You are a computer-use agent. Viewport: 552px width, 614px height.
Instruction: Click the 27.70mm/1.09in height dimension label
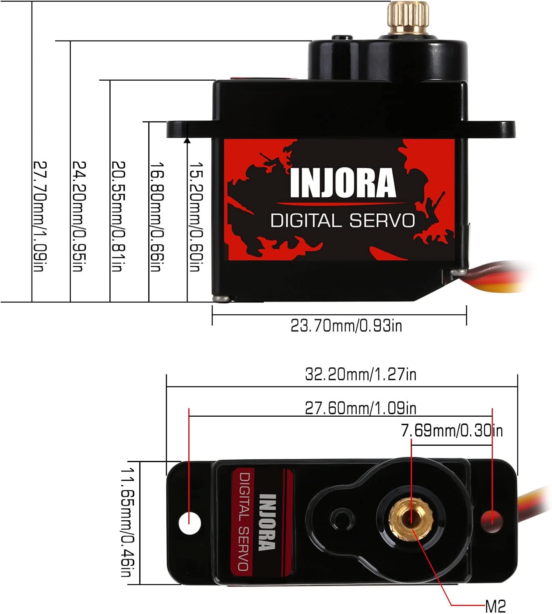coord(40,216)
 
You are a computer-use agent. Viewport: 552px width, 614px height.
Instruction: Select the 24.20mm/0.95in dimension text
coord(79,216)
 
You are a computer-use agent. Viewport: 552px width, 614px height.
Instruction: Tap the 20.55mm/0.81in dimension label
coord(118,216)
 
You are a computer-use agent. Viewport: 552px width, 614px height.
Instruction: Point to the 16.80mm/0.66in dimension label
coord(157,217)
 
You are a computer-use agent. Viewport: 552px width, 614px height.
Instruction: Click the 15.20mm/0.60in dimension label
coord(195,217)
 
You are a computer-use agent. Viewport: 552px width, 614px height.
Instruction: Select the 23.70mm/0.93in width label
coord(346,326)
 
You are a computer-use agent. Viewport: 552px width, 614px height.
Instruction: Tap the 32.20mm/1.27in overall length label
coord(360,374)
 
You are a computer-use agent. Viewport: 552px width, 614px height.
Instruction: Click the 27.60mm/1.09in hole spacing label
coord(360,408)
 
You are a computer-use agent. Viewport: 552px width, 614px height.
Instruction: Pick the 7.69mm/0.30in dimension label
coord(452,431)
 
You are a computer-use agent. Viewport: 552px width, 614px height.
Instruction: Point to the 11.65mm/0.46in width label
coord(128,522)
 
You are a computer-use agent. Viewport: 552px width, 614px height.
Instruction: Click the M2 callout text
coord(495,606)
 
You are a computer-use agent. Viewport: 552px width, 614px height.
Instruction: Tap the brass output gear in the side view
coord(408,18)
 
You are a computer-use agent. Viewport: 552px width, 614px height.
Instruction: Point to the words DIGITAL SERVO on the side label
coord(342,221)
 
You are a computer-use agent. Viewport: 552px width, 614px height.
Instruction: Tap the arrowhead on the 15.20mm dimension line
coord(187,140)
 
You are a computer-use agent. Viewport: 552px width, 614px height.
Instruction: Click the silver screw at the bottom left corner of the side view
coord(222,298)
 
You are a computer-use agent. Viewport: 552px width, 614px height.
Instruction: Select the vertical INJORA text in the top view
coord(267,522)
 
